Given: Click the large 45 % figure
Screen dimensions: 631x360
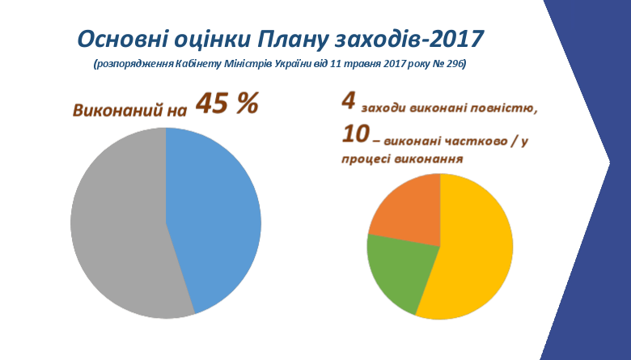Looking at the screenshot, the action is tap(227, 104).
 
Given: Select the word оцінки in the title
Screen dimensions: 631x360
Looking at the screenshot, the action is tap(211, 40).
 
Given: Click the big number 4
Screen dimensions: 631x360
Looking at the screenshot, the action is tap(349, 101).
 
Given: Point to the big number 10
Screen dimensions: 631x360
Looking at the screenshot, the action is tap(355, 134).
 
